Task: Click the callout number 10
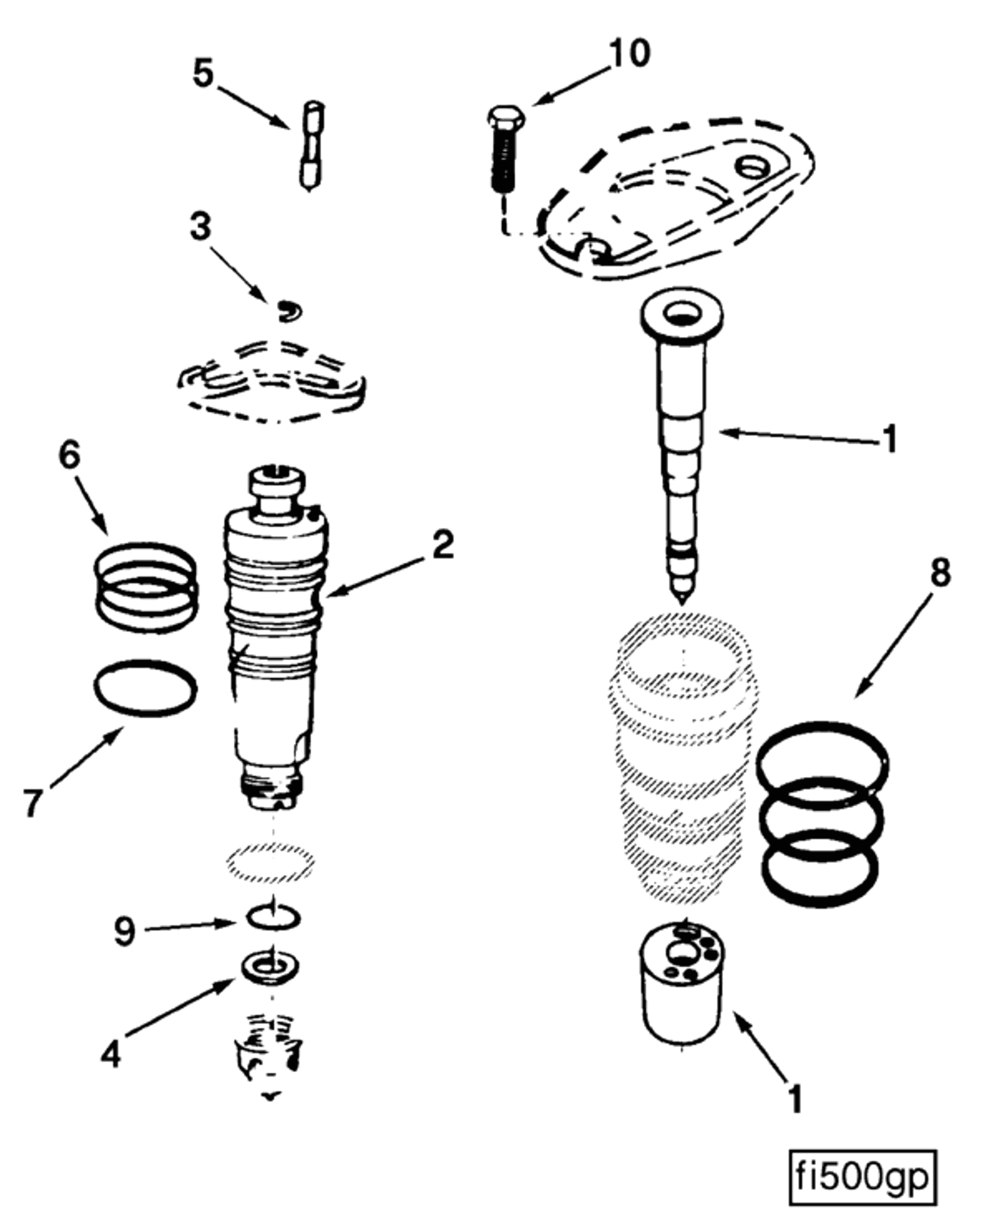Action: pyautogui.click(x=630, y=54)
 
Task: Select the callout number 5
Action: pyautogui.click(x=203, y=75)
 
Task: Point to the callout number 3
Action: pyautogui.click(x=200, y=227)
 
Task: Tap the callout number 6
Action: pyautogui.click(x=69, y=457)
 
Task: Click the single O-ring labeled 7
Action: pyautogui.click(x=145, y=689)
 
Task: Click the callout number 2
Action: pyautogui.click(x=442, y=545)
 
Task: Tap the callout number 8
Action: pyautogui.click(x=939, y=572)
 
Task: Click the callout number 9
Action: pyautogui.click(x=124, y=932)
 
